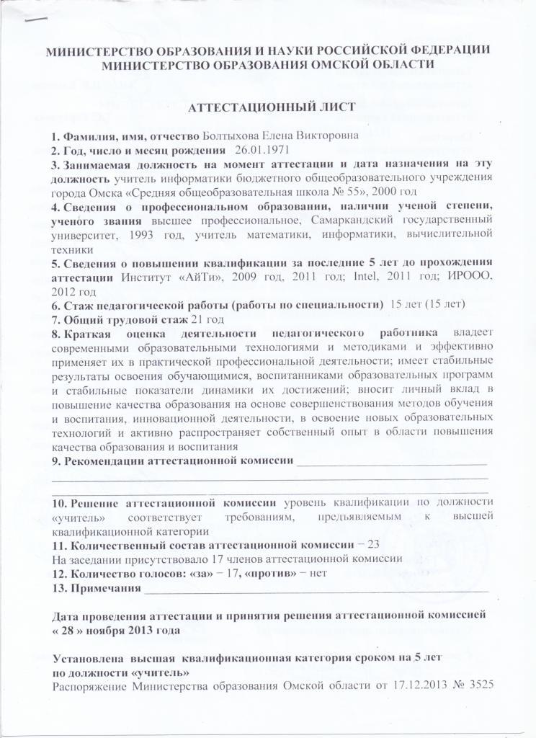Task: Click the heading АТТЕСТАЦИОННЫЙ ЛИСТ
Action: (x=271, y=107)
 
